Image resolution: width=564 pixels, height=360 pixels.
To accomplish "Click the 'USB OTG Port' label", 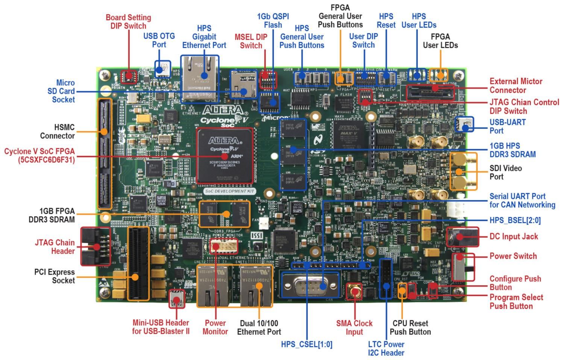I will (x=159, y=40).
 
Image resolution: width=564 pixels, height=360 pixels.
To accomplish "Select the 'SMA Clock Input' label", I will (x=354, y=327).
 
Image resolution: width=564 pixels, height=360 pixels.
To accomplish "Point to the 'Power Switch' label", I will (x=513, y=256).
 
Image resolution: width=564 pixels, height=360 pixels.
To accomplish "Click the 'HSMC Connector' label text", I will (x=57, y=132).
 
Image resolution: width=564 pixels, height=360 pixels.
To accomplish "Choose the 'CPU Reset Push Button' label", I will (x=410, y=327).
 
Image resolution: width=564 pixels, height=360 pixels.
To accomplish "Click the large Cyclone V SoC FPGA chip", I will (x=224, y=156).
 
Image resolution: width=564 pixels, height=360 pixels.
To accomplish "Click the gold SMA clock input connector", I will (x=355, y=291).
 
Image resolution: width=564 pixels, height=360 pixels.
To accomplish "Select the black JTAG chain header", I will (x=96, y=247).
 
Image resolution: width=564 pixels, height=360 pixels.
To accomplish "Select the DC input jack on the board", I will (x=462, y=237).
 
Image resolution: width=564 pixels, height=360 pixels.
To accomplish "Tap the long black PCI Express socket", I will (x=138, y=263).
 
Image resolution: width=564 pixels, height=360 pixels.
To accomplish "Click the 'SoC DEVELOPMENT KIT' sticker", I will (x=230, y=191).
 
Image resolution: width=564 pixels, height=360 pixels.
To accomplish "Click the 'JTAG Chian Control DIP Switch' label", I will (x=524, y=106).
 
